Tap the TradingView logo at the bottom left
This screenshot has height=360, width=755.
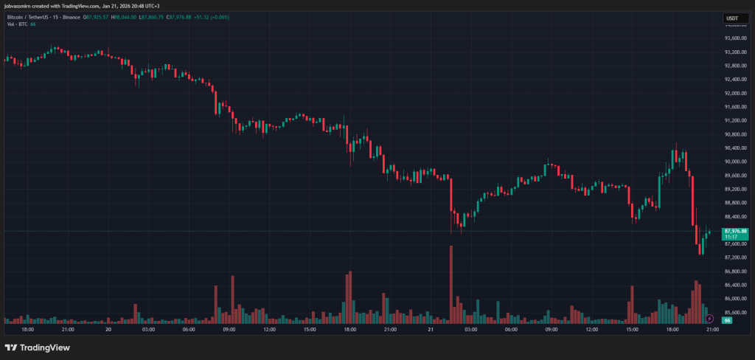click(x=36, y=347)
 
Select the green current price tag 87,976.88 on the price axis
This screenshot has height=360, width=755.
click(x=735, y=231)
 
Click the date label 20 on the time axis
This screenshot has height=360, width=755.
click(x=108, y=330)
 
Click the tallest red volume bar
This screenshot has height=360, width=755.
click(x=450, y=284)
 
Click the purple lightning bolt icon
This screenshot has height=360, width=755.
click(x=709, y=318)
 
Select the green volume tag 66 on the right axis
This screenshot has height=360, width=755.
click(x=727, y=321)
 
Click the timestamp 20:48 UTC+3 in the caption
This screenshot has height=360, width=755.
click(x=142, y=6)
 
